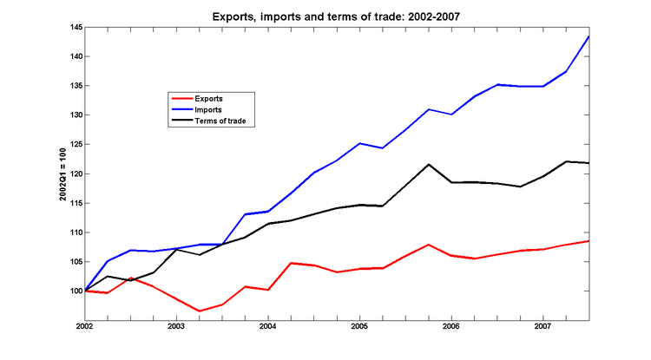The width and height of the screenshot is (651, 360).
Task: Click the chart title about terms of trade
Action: click(x=325, y=16)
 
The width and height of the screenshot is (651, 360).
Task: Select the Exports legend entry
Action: click(x=209, y=99)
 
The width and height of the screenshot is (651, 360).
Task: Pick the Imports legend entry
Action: click(x=209, y=110)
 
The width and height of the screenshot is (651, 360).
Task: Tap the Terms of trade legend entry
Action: click(x=223, y=121)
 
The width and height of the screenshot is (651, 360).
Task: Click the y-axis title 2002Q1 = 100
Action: click(x=63, y=173)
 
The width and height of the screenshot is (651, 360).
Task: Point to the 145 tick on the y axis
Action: click(x=76, y=28)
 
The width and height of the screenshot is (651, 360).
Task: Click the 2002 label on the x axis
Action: click(x=85, y=327)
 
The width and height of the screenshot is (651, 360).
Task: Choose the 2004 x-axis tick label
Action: click(x=268, y=327)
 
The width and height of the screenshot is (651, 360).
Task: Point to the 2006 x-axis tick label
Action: click(x=451, y=327)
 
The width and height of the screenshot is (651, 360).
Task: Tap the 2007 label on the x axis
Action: click(x=542, y=327)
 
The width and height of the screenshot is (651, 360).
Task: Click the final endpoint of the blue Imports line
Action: click(x=589, y=36)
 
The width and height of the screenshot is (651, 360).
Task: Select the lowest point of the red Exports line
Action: click(x=199, y=311)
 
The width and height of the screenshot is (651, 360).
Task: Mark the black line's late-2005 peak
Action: click(x=429, y=164)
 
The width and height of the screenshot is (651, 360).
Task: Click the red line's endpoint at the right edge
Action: click(x=589, y=240)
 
